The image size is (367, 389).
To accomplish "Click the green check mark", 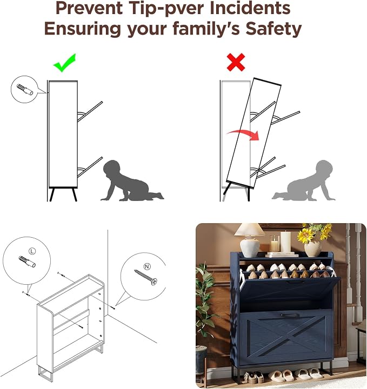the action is pyautogui.click(x=64, y=64).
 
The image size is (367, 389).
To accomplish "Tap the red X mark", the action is pyautogui.click(x=236, y=62).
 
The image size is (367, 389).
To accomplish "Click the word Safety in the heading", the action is pyautogui.click(x=273, y=29).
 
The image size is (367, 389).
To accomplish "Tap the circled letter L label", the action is pyautogui.click(x=32, y=251).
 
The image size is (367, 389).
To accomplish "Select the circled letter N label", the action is pyautogui.click(x=147, y=266).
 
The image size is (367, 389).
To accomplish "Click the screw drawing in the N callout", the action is pyautogui.click(x=145, y=278).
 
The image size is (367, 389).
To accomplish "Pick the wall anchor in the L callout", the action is pyautogui.click(x=27, y=261).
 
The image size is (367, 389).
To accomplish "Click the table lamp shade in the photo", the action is pyautogui.click(x=250, y=230).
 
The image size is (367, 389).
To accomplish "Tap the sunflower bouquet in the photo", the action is pyautogui.click(x=315, y=233).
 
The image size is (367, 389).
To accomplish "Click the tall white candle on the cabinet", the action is pyautogui.click(x=285, y=242).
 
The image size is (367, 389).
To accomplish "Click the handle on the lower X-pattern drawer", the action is pyautogui.click(x=290, y=315).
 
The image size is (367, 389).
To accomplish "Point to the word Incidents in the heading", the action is pyautogui.click(x=250, y=8).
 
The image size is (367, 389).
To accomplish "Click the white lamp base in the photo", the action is pyautogui.click(x=250, y=246).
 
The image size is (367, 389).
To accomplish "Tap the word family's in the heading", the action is pyautogui.click(x=206, y=29).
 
